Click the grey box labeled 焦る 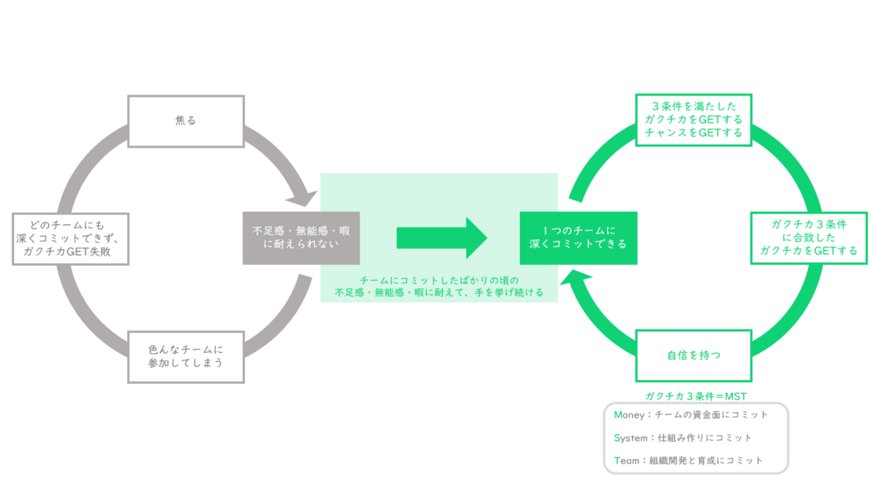185,120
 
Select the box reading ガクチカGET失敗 71,238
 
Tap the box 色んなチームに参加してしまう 185,356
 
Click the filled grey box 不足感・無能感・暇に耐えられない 301,238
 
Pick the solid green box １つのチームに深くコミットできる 578,238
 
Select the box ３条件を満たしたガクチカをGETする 693,120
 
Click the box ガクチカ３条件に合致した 808,238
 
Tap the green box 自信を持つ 693,355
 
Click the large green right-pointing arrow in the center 441,238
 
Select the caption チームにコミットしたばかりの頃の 439,281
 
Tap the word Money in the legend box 630,414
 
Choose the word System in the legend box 631,438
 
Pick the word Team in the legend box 627,460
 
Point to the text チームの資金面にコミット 713,414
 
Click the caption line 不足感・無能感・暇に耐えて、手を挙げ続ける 439,292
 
